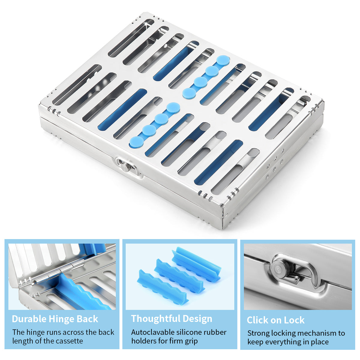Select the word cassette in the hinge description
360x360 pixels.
[70, 341]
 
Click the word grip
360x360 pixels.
[190, 341]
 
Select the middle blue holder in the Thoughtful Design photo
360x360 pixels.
[179, 276]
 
